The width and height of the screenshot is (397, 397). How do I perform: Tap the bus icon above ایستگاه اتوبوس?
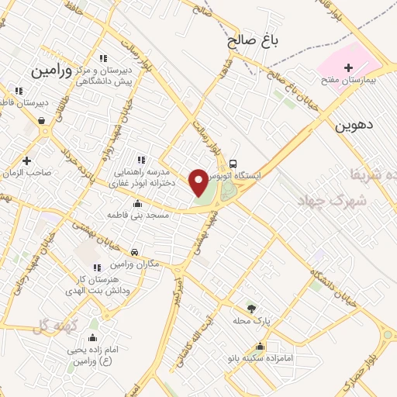[x=233, y=164]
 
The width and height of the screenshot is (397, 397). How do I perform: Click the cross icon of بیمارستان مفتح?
[x=348, y=68]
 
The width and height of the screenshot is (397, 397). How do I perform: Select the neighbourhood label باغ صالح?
[x=253, y=39]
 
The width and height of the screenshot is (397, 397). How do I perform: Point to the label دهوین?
[x=354, y=124]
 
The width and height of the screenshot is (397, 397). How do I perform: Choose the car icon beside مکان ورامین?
[x=135, y=252]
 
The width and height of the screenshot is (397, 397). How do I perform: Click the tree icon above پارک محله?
[x=250, y=308]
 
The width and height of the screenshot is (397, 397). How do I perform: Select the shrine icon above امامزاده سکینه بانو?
[x=259, y=347]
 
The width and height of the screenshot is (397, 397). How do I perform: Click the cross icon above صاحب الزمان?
[x=27, y=161]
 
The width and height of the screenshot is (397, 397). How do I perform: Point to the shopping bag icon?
[x=41, y=120]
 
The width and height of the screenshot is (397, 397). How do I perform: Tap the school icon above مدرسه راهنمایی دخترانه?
[x=140, y=160]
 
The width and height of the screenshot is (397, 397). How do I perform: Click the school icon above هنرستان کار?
[x=97, y=268]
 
